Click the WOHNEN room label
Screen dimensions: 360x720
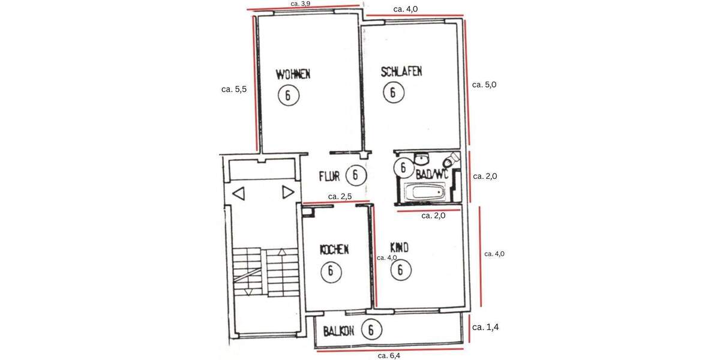click(x=293, y=74)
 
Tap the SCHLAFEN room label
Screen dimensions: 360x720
click(x=401, y=71)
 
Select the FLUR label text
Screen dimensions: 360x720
click(x=329, y=176)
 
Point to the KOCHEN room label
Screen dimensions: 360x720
click(x=334, y=249)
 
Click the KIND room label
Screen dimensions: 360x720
click(x=400, y=247)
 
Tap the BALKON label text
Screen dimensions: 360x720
click(x=339, y=331)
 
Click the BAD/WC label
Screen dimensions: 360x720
click(x=433, y=175)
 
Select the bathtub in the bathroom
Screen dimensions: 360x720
click(x=425, y=193)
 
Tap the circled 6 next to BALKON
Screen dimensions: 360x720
click(x=372, y=329)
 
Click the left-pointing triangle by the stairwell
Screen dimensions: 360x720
click(x=239, y=193)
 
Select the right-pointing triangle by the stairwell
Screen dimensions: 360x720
click(x=287, y=193)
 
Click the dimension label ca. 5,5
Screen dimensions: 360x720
click(x=234, y=89)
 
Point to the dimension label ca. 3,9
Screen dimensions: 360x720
click(x=300, y=4)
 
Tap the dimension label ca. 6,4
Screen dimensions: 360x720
click(x=389, y=355)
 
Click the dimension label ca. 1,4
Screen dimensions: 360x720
click(x=485, y=327)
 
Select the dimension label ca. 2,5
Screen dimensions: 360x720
click(x=340, y=196)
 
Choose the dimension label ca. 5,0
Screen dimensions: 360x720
click(x=485, y=85)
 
